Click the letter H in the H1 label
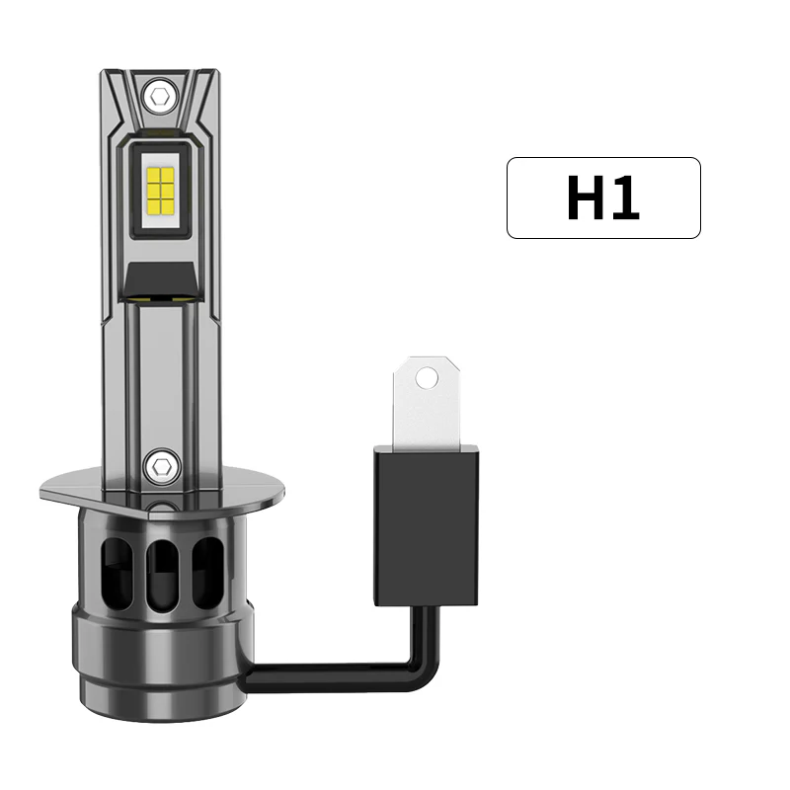(583, 197)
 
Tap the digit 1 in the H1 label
(625, 197)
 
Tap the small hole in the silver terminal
(426, 377)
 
